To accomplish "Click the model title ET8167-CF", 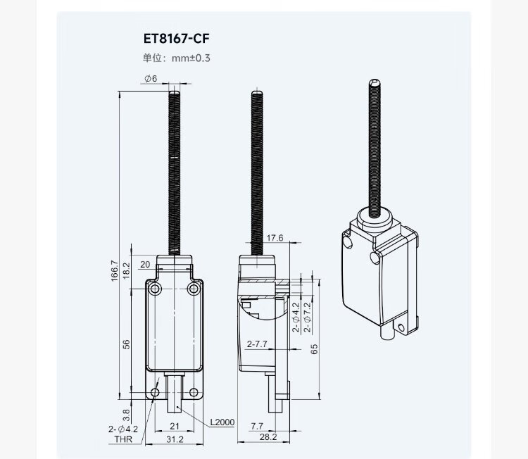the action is (176, 39).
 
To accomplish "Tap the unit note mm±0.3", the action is (191, 58).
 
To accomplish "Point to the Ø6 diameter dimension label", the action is (151, 78).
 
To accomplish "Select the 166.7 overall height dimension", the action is (115, 270).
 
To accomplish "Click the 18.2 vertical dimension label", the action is (126, 270).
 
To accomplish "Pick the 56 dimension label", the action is (126, 344).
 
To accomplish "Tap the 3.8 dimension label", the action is (126, 415).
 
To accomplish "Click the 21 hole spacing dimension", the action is (175, 427).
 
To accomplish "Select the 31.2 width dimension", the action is (175, 439).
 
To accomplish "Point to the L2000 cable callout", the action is (222, 422).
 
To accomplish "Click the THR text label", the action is (123, 439).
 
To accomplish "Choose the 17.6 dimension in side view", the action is (275, 238).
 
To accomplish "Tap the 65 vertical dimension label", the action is (314, 349).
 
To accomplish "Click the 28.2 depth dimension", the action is (268, 436).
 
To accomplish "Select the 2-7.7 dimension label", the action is (257, 344).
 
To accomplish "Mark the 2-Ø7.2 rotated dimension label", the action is (308, 317).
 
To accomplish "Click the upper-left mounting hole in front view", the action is (156, 289).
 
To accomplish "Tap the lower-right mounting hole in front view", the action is (194, 392).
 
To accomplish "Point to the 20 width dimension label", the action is (145, 265).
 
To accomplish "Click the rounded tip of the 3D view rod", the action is (375, 82).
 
